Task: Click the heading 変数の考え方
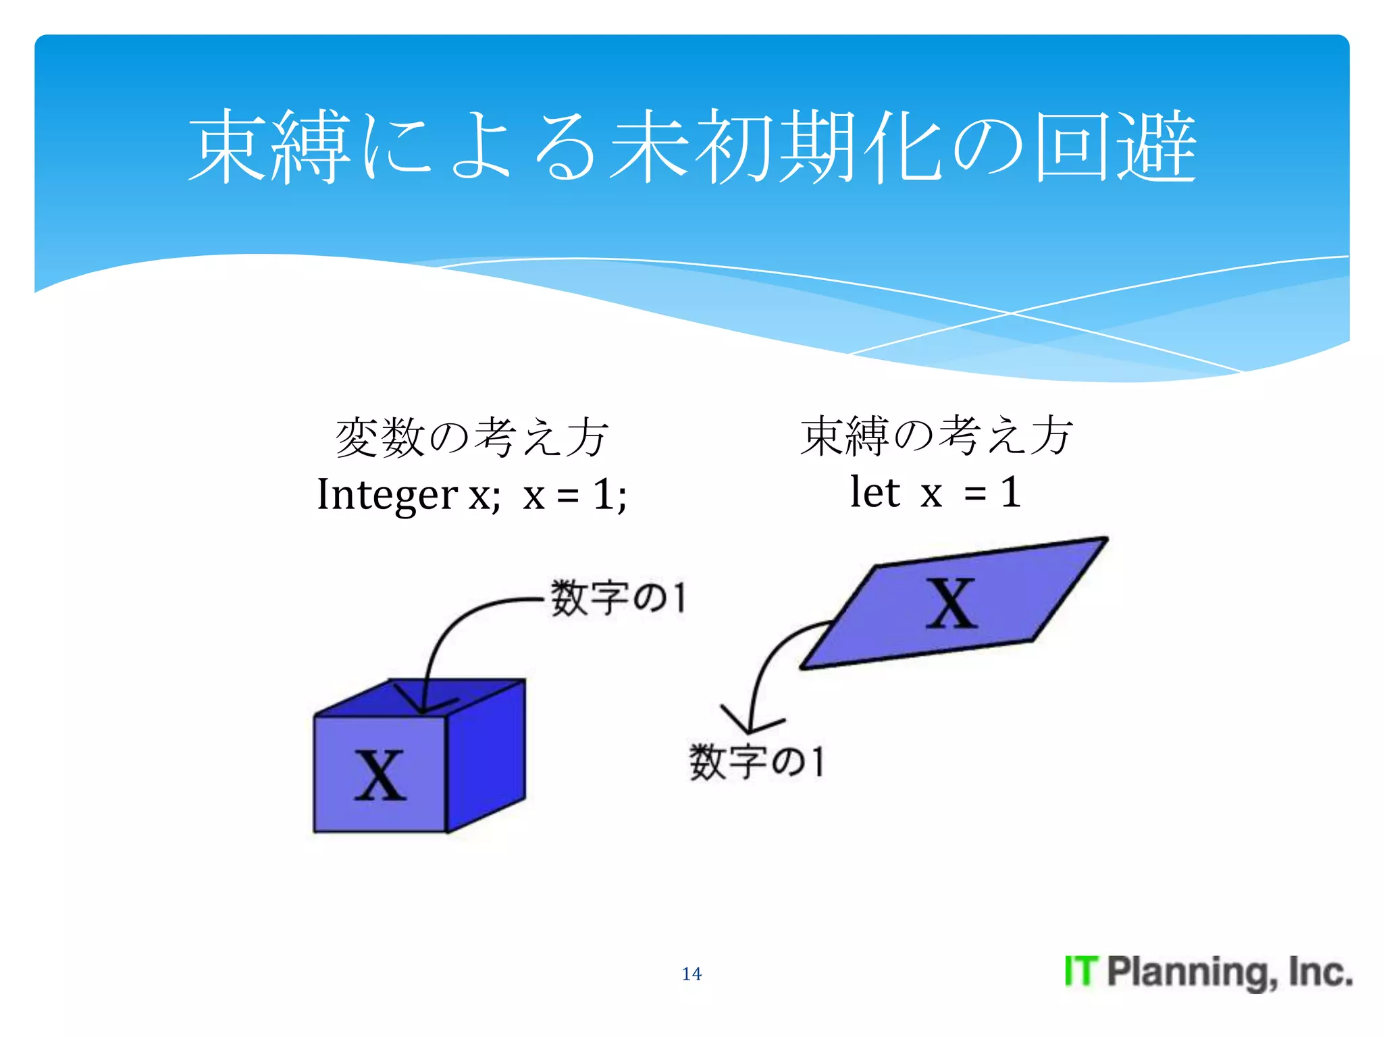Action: [x=471, y=437]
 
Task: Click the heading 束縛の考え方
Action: [x=936, y=436]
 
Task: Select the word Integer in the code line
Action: [x=387, y=494]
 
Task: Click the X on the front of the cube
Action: [x=380, y=776]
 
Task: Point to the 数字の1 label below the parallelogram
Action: [x=756, y=762]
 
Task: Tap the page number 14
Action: [x=691, y=974]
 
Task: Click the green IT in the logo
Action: [x=1081, y=972]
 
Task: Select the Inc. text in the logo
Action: [x=1320, y=972]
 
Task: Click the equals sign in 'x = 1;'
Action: [x=567, y=496]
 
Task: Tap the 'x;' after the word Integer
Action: [x=484, y=496]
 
